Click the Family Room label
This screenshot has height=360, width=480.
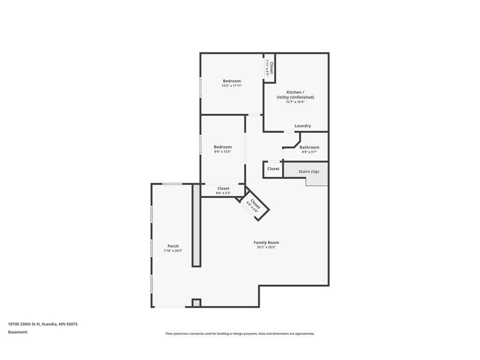(266, 242)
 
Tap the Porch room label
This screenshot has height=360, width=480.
(173, 246)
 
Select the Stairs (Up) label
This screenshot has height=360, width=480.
(309, 172)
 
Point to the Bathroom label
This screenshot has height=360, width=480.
(309, 147)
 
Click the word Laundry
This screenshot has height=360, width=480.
(303, 126)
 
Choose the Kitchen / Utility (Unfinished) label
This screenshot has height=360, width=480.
(295, 95)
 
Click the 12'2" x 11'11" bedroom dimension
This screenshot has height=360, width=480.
(232, 86)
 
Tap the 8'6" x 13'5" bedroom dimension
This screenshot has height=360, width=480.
(223, 151)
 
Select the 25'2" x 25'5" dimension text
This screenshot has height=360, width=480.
(266, 247)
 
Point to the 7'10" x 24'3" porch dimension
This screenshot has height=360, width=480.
(173, 250)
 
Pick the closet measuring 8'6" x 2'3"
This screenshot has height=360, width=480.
(223, 190)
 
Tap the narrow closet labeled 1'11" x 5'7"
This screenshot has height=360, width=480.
(270, 67)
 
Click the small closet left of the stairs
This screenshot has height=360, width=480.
(273, 169)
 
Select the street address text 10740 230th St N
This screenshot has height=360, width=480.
(24, 324)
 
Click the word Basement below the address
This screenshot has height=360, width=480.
(17, 332)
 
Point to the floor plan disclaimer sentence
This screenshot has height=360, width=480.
(240, 334)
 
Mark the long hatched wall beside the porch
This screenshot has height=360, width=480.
(196, 225)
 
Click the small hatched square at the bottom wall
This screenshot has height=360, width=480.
(196, 303)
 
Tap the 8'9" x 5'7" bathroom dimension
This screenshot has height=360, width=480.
(309, 152)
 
